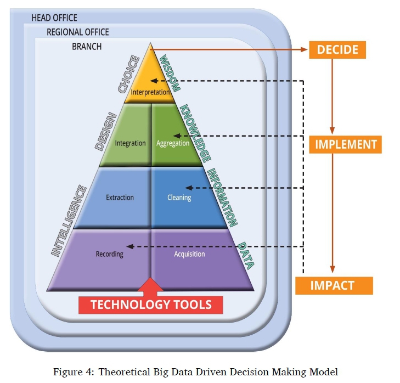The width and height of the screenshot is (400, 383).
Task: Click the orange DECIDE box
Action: (x=337, y=49)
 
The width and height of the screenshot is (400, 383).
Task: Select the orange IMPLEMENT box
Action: (x=346, y=144)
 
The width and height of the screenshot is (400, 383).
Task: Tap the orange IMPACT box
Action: (x=333, y=285)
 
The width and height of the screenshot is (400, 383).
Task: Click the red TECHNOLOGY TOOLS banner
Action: (x=151, y=305)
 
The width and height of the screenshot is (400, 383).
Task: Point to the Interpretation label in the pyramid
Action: (x=150, y=92)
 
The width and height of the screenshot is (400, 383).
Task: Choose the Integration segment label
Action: (x=130, y=143)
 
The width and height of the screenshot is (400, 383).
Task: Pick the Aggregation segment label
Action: (x=172, y=143)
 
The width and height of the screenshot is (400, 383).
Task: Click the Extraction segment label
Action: (x=120, y=198)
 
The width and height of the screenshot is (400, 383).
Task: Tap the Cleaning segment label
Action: (x=179, y=198)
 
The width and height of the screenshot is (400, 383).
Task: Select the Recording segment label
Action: (x=110, y=254)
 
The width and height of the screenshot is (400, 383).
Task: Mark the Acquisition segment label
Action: (x=189, y=254)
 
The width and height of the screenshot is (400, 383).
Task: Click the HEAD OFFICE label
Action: (x=54, y=18)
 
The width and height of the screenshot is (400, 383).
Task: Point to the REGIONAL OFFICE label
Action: (x=77, y=32)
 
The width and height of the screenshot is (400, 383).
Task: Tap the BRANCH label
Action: (x=87, y=47)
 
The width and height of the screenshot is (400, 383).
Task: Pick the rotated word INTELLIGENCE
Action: (x=69, y=221)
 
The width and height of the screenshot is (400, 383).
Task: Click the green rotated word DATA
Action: (x=245, y=255)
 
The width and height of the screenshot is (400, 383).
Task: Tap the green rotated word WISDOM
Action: (x=170, y=72)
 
